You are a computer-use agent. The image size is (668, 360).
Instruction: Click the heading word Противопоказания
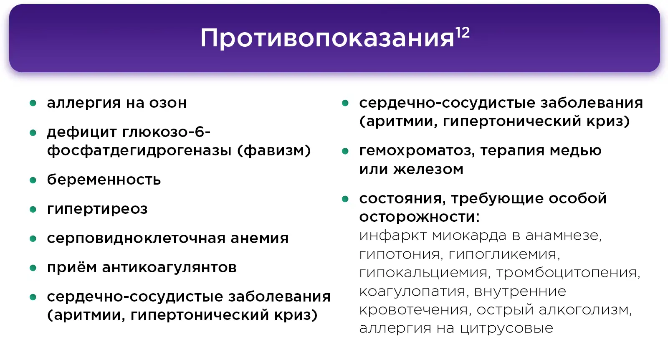tap(327, 38)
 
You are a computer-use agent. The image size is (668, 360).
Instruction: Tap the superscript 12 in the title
tap(463, 33)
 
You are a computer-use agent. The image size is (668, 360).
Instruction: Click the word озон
tap(168, 103)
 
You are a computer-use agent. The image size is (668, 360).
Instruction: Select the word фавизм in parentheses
tap(274, 150)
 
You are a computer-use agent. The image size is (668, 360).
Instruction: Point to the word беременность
tap(104, 180)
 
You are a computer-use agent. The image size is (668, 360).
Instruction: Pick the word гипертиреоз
tap(97, 209)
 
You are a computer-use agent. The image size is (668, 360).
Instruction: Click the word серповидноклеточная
tap(136, 238)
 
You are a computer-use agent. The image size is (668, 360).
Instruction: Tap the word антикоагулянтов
tap(170, 267)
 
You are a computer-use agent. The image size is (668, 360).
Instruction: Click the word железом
tap(428, 169)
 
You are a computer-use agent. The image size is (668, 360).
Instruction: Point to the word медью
tap(576, 150)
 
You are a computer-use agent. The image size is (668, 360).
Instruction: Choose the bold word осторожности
tap(419, 217)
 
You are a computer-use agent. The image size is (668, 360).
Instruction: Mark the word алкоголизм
tap(585, 309)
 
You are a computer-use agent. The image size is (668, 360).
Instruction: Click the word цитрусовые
tap(506, 328)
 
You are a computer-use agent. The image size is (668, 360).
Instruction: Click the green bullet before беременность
tap(33, 180)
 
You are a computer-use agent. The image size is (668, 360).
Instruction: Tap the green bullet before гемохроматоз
tap(345, 151)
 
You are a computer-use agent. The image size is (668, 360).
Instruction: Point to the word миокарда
tap(469, 236)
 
